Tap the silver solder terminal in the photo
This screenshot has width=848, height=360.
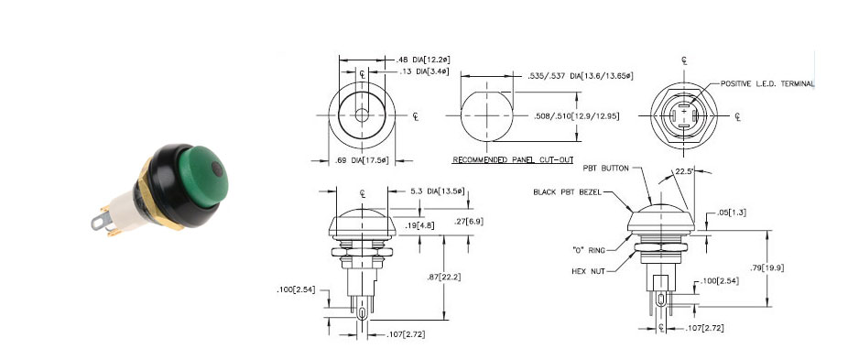tap(101, 221)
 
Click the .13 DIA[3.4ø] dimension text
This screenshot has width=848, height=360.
tap(422, 71)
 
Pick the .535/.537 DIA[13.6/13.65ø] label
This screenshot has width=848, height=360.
tap(580, 77)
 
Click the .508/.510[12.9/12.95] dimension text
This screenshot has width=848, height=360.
tap(576, 116)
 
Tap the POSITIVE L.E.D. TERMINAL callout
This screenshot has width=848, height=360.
tap(767, 84)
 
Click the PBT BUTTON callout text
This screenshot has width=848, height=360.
tap(605, 169)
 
